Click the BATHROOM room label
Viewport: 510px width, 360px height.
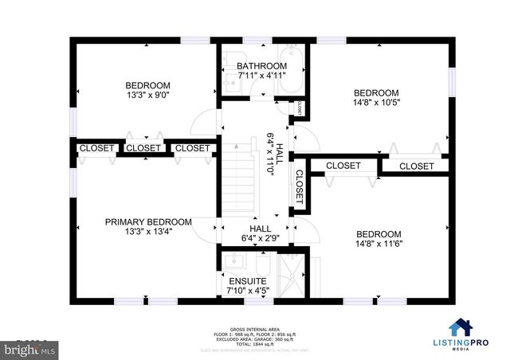(261, 66)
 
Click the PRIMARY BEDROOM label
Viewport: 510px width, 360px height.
(148, 222)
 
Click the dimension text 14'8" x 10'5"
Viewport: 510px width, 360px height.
(376, 103)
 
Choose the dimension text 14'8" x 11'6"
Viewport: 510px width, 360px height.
(379, 244)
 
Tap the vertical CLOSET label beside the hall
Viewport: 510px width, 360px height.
(300, 188)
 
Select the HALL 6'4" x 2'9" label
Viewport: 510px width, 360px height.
(261, 233)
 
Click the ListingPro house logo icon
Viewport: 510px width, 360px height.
(460, 327)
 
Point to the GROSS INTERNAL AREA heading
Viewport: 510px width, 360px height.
(254, 328)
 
